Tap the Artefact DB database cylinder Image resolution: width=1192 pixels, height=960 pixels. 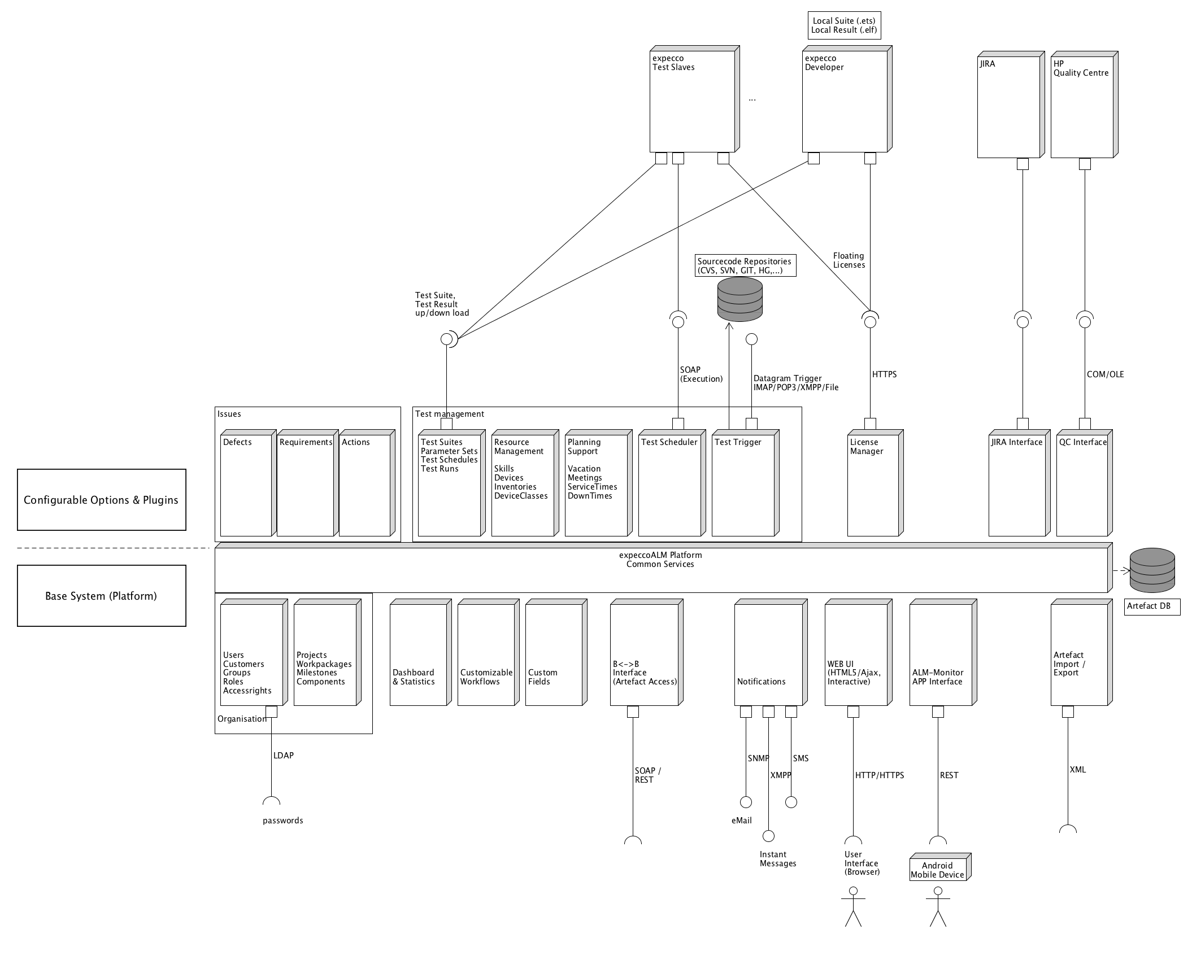point(1151,570)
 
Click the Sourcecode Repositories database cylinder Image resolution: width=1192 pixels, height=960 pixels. point(739,299)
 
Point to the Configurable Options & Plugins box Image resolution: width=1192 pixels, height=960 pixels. point(102,500)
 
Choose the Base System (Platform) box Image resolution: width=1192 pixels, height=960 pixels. point(102,596)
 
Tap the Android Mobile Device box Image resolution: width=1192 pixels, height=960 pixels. point(938,870)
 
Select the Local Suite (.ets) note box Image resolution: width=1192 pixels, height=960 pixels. point(844,25)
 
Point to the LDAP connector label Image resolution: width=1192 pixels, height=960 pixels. point(284,756)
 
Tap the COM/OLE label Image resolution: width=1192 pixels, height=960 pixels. point(1105,374)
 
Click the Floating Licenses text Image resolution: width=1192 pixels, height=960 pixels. point(849,260)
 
